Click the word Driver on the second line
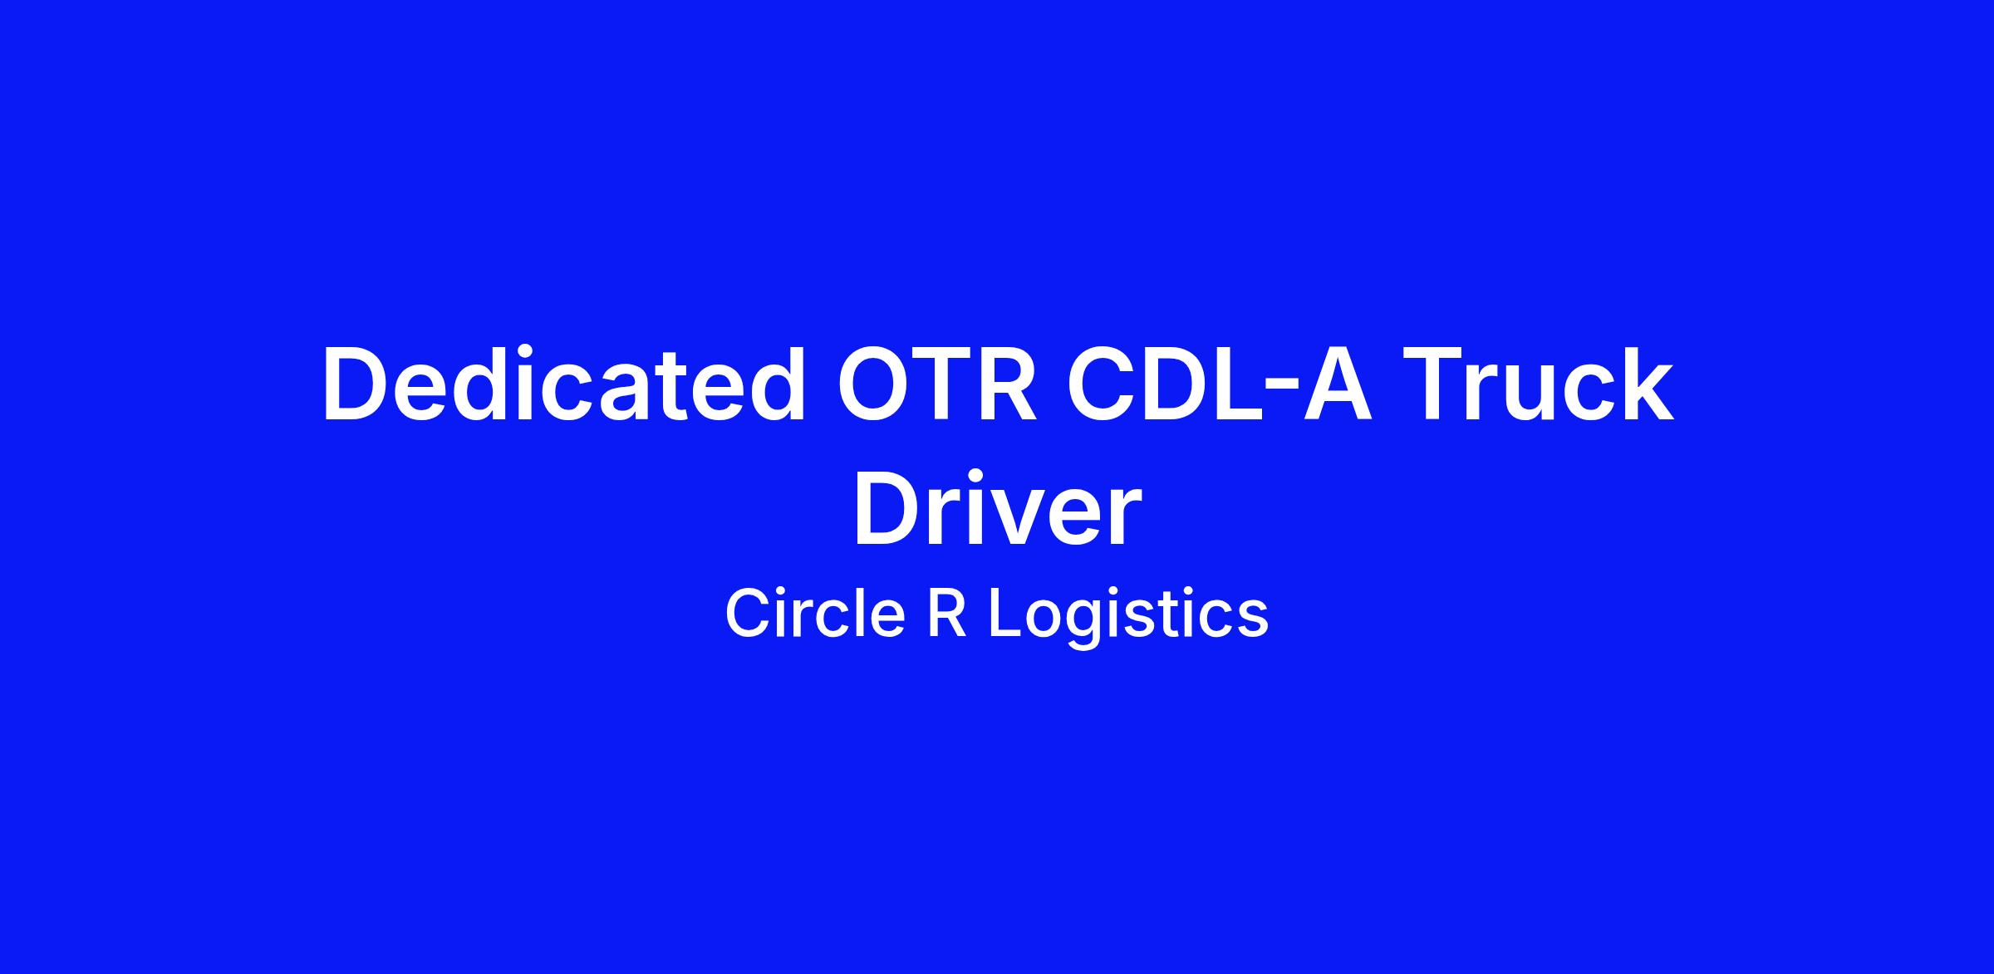point(997,508)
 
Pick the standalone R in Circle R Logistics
point(946,614)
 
